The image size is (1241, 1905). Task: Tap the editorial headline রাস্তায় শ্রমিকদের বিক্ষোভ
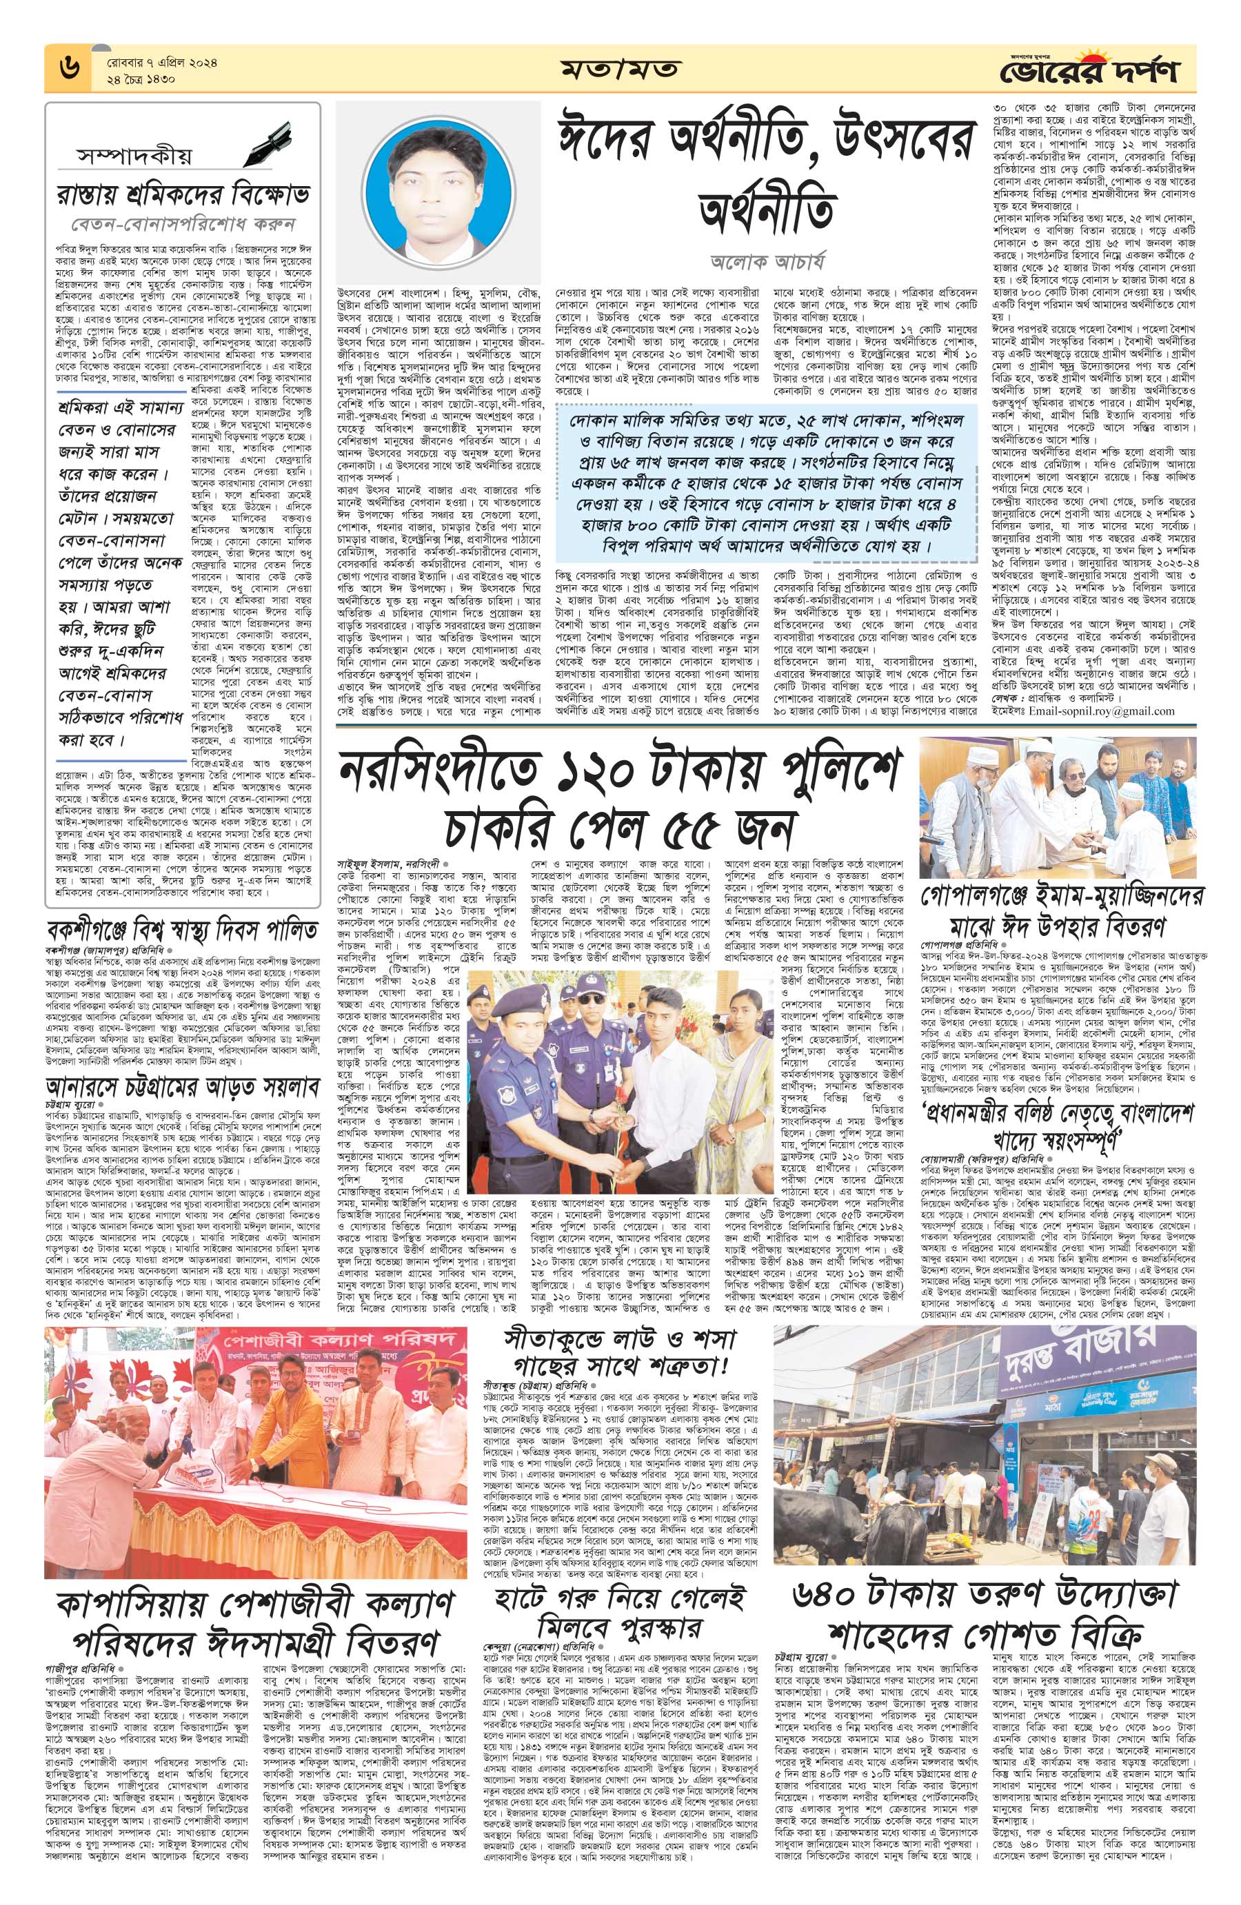(183, 194)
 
